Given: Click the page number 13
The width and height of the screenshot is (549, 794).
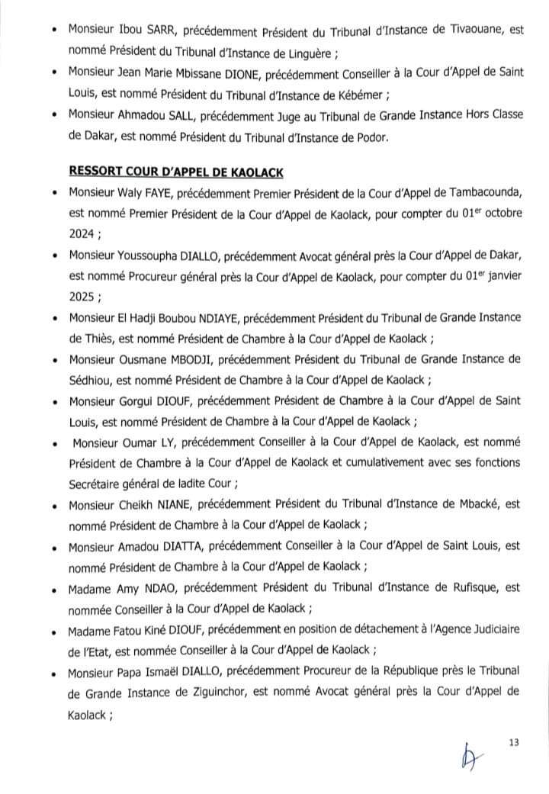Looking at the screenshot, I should point(512,741).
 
